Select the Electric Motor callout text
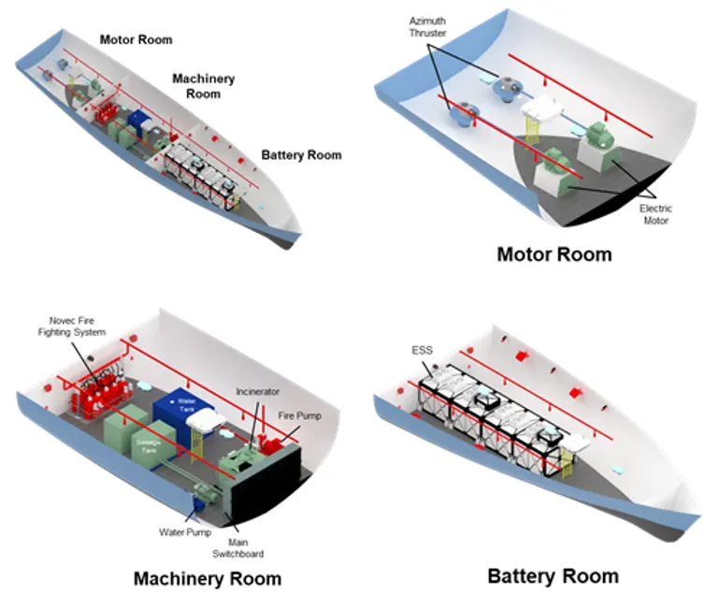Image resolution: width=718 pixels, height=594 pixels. [x=655, y=214]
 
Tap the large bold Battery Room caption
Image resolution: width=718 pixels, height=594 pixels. [x=553, y=575]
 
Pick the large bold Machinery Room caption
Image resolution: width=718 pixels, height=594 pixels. [x=207, y=578]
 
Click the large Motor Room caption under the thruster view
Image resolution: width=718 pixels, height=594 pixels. [x=554, y=254]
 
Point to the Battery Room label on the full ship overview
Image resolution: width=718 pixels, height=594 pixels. [x=301, y=154]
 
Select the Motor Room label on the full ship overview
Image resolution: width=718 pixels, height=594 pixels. [x=136, y=39]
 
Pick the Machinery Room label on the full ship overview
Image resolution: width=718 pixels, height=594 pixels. [x=203, y=87]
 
